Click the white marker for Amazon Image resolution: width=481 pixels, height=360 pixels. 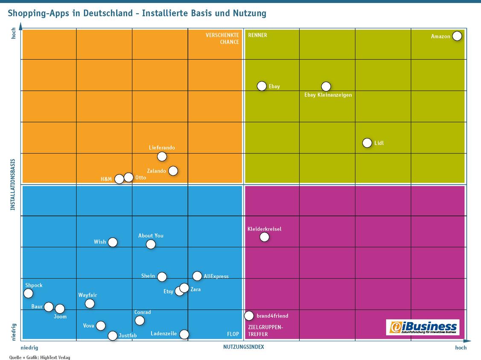coord(457,36)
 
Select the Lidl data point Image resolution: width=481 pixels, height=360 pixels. coord(367,142)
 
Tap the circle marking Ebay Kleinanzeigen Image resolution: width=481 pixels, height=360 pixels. coord(326,87)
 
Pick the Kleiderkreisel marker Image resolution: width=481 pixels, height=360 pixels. coord(264,237)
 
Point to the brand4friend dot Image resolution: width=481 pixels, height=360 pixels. coord(249,316)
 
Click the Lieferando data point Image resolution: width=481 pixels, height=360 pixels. coord(162,157)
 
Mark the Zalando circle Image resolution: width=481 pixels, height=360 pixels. coord(173,171)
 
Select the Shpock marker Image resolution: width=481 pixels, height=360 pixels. coord(28,293)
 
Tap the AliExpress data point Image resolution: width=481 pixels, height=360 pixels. coord(197,276)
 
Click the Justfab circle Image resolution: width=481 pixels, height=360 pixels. coord(113,336)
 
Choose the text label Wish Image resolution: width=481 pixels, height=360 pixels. coord(100,242)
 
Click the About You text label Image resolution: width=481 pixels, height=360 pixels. coord(151,235)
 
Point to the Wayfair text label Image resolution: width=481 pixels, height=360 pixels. coord(87,295)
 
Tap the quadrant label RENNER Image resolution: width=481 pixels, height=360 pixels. coord(257,35)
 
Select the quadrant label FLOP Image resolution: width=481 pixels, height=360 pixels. coord(233,334)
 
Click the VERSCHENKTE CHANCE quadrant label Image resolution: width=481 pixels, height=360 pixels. coord(222,39)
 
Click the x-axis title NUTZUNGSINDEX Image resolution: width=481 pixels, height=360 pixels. coord(244,347)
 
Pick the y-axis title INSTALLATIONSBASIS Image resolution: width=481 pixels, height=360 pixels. coord(12,184)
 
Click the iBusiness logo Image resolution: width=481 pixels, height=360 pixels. coord(423,327)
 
